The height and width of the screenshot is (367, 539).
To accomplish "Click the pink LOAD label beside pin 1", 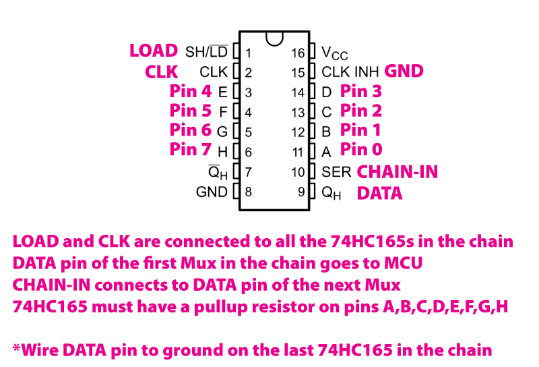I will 154,51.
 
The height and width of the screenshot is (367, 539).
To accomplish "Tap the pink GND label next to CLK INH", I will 404,71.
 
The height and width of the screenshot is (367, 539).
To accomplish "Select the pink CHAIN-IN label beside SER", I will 397,172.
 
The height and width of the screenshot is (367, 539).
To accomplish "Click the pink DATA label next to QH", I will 379,194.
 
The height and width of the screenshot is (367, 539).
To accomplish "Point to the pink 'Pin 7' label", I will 191,150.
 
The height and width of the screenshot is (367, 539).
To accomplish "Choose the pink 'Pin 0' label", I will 361,149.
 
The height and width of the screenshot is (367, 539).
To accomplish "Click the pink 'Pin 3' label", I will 361,91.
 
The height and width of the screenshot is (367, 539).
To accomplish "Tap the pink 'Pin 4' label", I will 191,91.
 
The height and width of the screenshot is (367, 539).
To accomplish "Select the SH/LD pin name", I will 206,52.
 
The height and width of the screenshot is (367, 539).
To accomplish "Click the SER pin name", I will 336,172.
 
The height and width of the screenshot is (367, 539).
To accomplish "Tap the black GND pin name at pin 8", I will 212,192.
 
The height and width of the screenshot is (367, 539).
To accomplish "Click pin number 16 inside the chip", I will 298,53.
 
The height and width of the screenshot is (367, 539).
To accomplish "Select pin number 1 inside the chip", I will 249,53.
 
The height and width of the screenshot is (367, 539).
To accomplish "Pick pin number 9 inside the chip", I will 301,192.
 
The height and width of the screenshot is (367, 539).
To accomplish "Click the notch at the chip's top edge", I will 274,38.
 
